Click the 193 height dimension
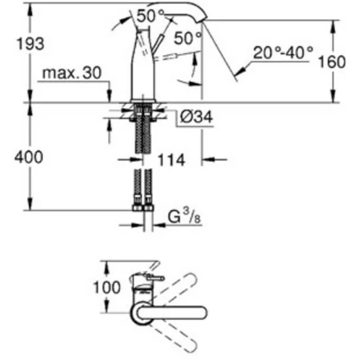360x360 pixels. pyautogui.click(x=31, y=44)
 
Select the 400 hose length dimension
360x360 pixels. pyautogui.click(x=29, y=157)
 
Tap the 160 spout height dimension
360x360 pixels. pyautogui.click(x=332, y=62)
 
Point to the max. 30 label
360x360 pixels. pyautogui.click(x=72, y=73)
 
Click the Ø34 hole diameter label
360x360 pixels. pyautogui.click(x=196, y=117)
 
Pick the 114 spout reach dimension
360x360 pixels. pyautogui.click(x=171, y=160)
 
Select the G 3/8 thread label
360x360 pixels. pyautogui.click(x=185, y=217)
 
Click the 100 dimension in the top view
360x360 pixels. pyautogui.click(x=107, y=287)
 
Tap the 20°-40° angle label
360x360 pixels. pyautogui.click(x=283, y=52)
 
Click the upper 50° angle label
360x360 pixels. pyautogui.click(x=151, y=16)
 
